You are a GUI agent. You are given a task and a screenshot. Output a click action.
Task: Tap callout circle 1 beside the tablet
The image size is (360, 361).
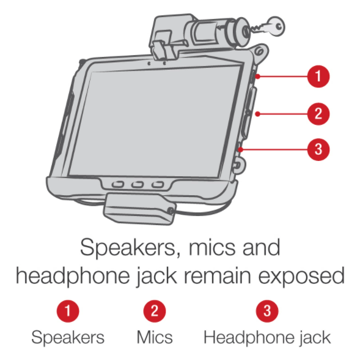pos(318,77)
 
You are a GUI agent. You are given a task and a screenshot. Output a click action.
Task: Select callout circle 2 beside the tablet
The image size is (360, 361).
pos(318,113)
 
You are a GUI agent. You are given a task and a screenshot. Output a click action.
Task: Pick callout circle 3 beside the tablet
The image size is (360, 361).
pos(318,149)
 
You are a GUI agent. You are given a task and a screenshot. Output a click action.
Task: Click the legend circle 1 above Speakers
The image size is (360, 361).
pos(72,311)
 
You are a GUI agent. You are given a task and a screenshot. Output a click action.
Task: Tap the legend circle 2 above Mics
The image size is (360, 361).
pos(154,311)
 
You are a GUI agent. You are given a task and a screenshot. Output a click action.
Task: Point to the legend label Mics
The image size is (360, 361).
pos(155,337)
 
